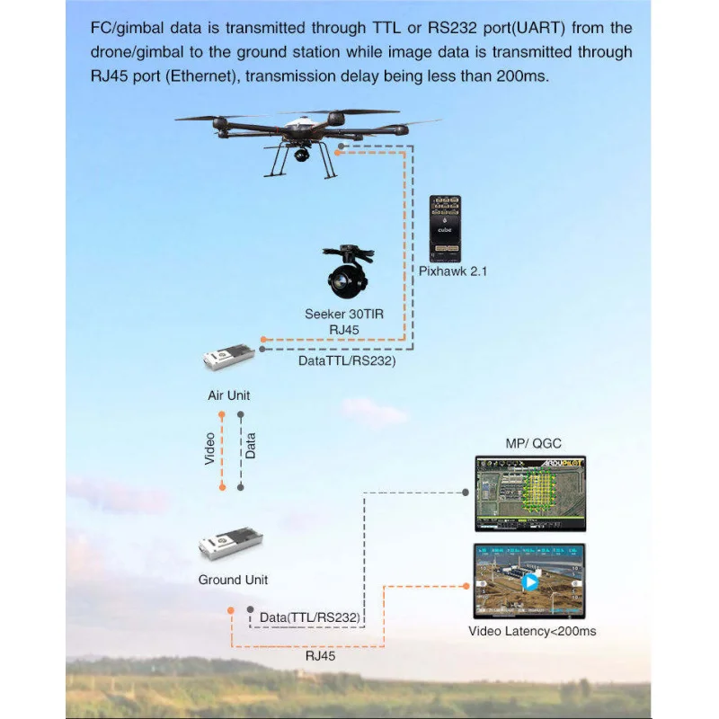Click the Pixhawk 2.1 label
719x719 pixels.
click(x=452, y=271)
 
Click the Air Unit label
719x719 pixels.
click(x=229, y=395)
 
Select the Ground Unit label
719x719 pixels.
click(x=233, y=580)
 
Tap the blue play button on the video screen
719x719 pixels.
click(x=530, y=581)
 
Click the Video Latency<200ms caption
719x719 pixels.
click(x=532, y=631)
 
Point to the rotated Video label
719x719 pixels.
click(x=210, y=449)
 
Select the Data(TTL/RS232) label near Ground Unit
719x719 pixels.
click(x=310, y=617)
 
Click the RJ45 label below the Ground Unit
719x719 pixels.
click(x=321, y=656)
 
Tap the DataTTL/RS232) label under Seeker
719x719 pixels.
click(x=346, y=361)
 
